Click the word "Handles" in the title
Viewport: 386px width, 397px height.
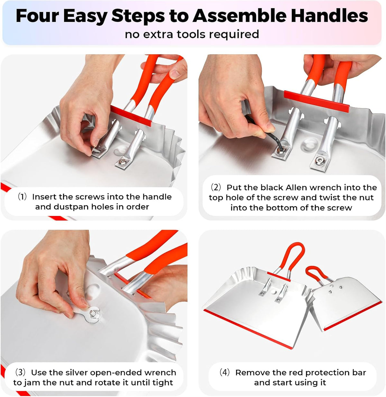pos(329,16)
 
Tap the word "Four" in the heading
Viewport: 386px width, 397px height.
pos(37,16)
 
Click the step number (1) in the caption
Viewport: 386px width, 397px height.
pos(22,197)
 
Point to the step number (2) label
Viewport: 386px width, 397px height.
pos(216,187)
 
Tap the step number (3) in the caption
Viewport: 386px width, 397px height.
pos(20,372)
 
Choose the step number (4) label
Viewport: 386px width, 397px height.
pos(225,372)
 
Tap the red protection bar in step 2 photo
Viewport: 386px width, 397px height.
pos(317,102)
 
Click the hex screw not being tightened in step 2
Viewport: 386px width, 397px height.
pos(319,160)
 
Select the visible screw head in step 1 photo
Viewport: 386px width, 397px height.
pos(122,162)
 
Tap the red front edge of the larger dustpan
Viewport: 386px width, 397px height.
pos(248,329)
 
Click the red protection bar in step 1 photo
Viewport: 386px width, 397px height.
pos(131,116)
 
